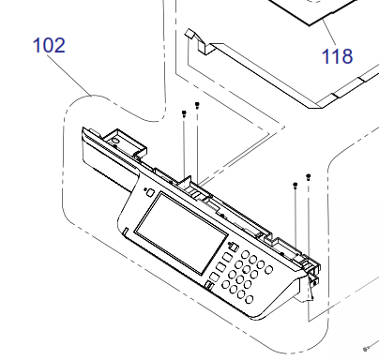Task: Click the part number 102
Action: (x=49, y=45)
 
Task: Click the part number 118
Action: (x=337, y=56)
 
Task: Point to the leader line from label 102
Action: (x=69, y=75)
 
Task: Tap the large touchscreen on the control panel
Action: (x=181, y=233)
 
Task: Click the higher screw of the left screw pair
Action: (x=197, y=105)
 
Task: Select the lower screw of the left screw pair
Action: (x=184, y=113)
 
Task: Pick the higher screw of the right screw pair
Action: (x=309, y=177)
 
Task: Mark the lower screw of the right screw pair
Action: (x=295, y=186)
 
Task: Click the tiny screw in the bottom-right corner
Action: (x=365, y=349)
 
